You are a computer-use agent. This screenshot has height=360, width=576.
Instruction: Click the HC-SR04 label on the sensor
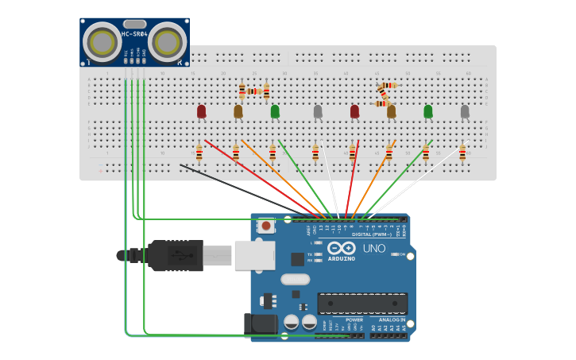134,34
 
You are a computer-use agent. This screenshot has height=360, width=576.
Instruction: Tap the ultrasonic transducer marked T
101,41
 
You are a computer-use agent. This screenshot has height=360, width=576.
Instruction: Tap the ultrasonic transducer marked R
168,41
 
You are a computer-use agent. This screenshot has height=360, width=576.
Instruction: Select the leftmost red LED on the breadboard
202,111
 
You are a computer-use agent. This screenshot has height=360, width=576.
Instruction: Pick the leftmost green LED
275,111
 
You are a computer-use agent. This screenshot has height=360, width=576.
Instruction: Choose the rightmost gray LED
465,111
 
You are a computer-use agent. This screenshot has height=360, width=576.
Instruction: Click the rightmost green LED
428,111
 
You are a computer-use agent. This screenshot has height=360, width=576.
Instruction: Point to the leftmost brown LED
238,111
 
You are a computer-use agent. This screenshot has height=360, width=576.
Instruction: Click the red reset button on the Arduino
266,226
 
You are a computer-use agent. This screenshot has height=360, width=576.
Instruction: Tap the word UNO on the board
374,249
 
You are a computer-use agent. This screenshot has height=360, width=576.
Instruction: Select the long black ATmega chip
362,303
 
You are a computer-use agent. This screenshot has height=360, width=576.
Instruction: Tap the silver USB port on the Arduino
254,256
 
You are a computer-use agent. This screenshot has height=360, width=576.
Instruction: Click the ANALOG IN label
386,319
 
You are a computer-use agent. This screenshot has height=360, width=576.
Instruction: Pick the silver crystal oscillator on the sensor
134,24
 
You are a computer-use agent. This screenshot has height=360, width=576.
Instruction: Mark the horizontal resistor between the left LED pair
254,91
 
